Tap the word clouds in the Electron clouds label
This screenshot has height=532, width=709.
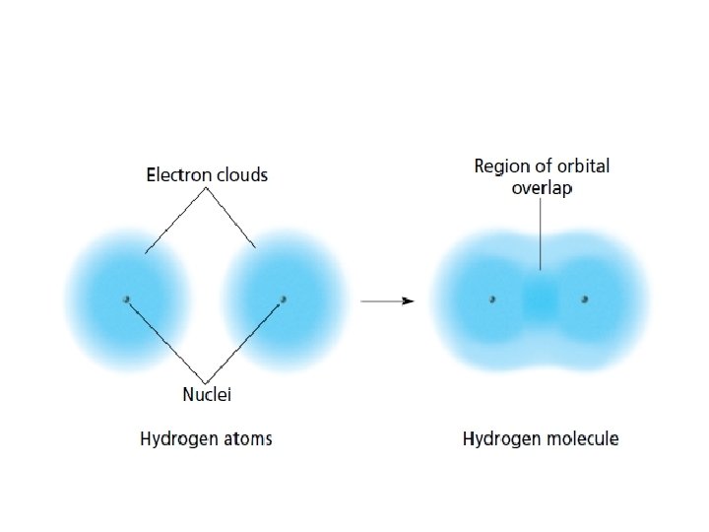(x=240, y=175)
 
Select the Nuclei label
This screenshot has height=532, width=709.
(x=207, y=395)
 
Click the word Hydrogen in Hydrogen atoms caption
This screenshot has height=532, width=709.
(x=177, y=439)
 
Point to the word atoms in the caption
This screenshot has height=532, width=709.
(x=246, y=439)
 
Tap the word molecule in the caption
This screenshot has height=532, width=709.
(x=582, y=439)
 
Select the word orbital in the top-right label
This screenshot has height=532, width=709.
(x=584, y=166)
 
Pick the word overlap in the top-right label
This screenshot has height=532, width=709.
(x=542, y=188)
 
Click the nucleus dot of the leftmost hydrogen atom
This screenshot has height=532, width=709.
(x=126, y=299)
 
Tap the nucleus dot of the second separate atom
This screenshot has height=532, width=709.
(x=284, y=299)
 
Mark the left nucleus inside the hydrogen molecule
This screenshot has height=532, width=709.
(x=492, y=299)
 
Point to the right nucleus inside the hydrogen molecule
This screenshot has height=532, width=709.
(x=584, y=299)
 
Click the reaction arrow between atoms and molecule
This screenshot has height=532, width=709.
(x=387, y=300)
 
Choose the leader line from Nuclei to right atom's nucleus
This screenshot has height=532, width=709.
(x=246, y=340)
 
